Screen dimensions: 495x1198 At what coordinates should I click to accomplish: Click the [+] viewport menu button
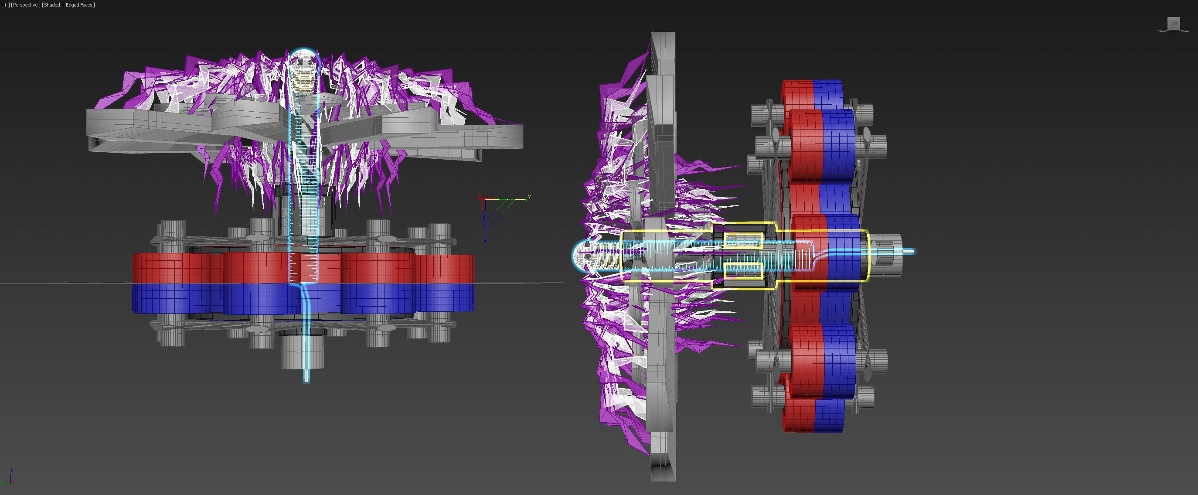coord(5,5)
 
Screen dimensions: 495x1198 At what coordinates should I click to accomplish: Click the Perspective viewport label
coord(25,5)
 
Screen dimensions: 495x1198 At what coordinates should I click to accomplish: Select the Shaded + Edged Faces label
coord(68,5)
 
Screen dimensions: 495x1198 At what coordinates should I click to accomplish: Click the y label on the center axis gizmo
coord(529,197)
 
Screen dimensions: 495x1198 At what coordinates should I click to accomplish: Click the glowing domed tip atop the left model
coord(305,58)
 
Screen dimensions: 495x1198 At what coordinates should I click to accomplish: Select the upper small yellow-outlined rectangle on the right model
coord(743,240)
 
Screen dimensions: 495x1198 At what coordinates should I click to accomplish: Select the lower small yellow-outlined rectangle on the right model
coord(743,271)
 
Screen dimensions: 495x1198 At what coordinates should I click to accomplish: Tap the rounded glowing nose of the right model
coord(581,256)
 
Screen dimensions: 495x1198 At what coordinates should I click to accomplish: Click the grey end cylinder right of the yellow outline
coord(885,256)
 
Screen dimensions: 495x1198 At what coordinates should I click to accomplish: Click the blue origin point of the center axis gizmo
coord(485,240)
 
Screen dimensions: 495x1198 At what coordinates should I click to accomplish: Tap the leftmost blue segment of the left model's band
coord(170,298)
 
